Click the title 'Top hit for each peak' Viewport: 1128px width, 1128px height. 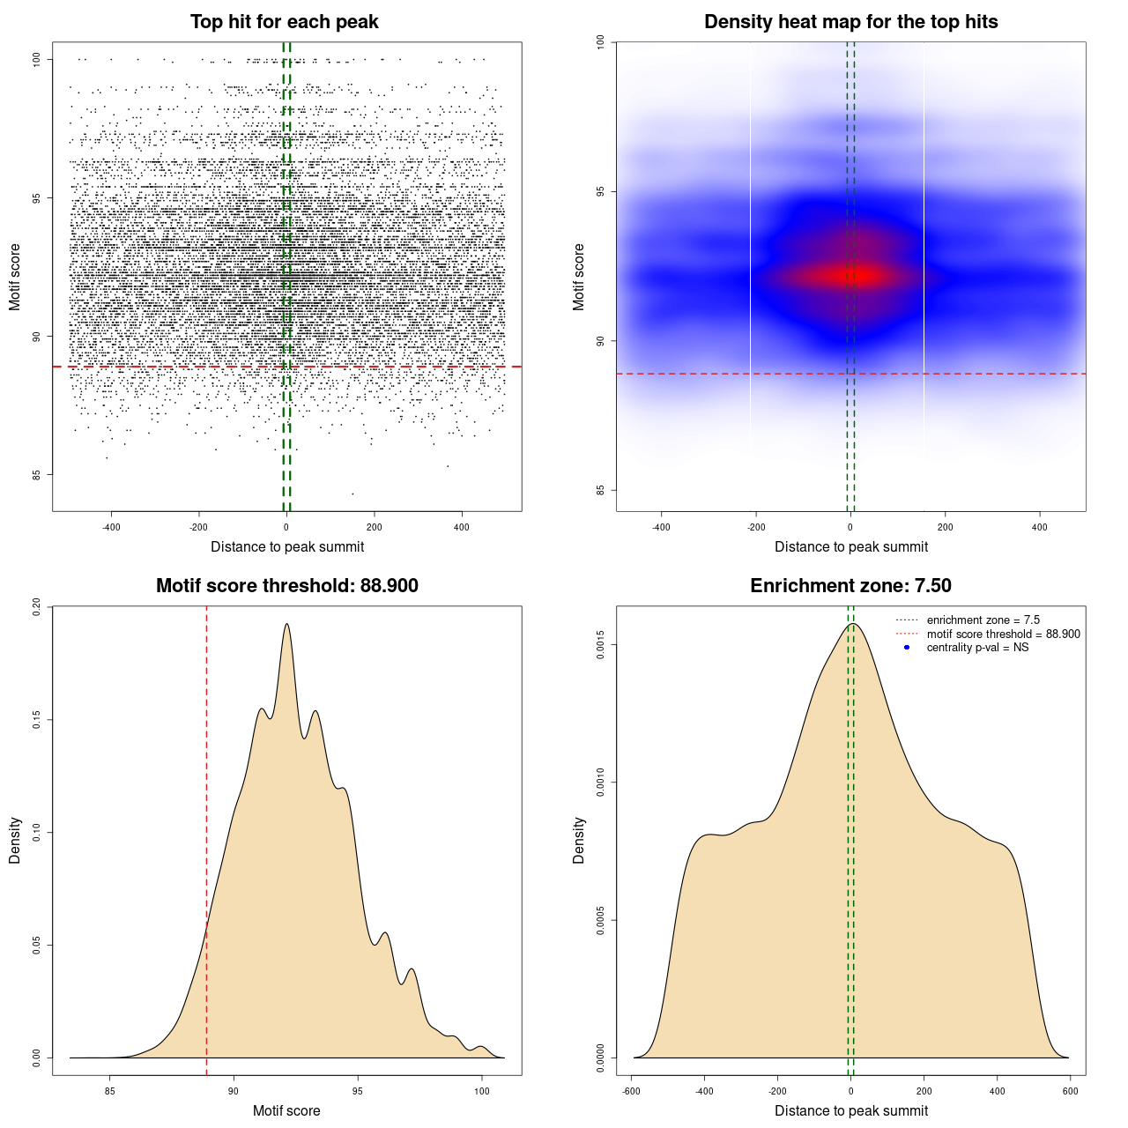tap(285, 22)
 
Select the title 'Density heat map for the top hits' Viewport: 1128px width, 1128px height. tap(850, 22)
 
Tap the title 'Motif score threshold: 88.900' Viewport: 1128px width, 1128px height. tap(286, 586)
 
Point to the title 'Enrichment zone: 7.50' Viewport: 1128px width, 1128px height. tap(850, 586)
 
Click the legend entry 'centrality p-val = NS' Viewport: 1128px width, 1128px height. tap(977, 648)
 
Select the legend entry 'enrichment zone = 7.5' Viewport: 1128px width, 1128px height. tap(983, 620)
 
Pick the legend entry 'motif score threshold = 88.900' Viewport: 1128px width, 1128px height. tap(1003, 634)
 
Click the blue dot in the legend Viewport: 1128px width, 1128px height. tap(907, 648)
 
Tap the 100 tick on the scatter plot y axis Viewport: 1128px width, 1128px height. tap(37, 59)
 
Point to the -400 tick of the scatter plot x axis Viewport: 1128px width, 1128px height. tap(111, 527)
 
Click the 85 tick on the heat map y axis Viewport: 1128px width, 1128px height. tap(600, 490)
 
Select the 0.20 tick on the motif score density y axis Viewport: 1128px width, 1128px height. tap(37, 607)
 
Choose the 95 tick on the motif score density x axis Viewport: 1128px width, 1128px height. tap(358, 1091)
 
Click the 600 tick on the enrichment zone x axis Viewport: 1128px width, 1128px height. tap(1071, 1091)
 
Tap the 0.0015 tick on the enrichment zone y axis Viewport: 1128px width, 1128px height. tap(600, 645)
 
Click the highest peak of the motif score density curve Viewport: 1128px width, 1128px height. tap(286, 624)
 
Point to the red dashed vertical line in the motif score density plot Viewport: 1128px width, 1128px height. tap(206, 837)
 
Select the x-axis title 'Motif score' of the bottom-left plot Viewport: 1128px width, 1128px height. tap(286, 1110)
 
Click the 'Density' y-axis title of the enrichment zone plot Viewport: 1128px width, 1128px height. tap(579, 840)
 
